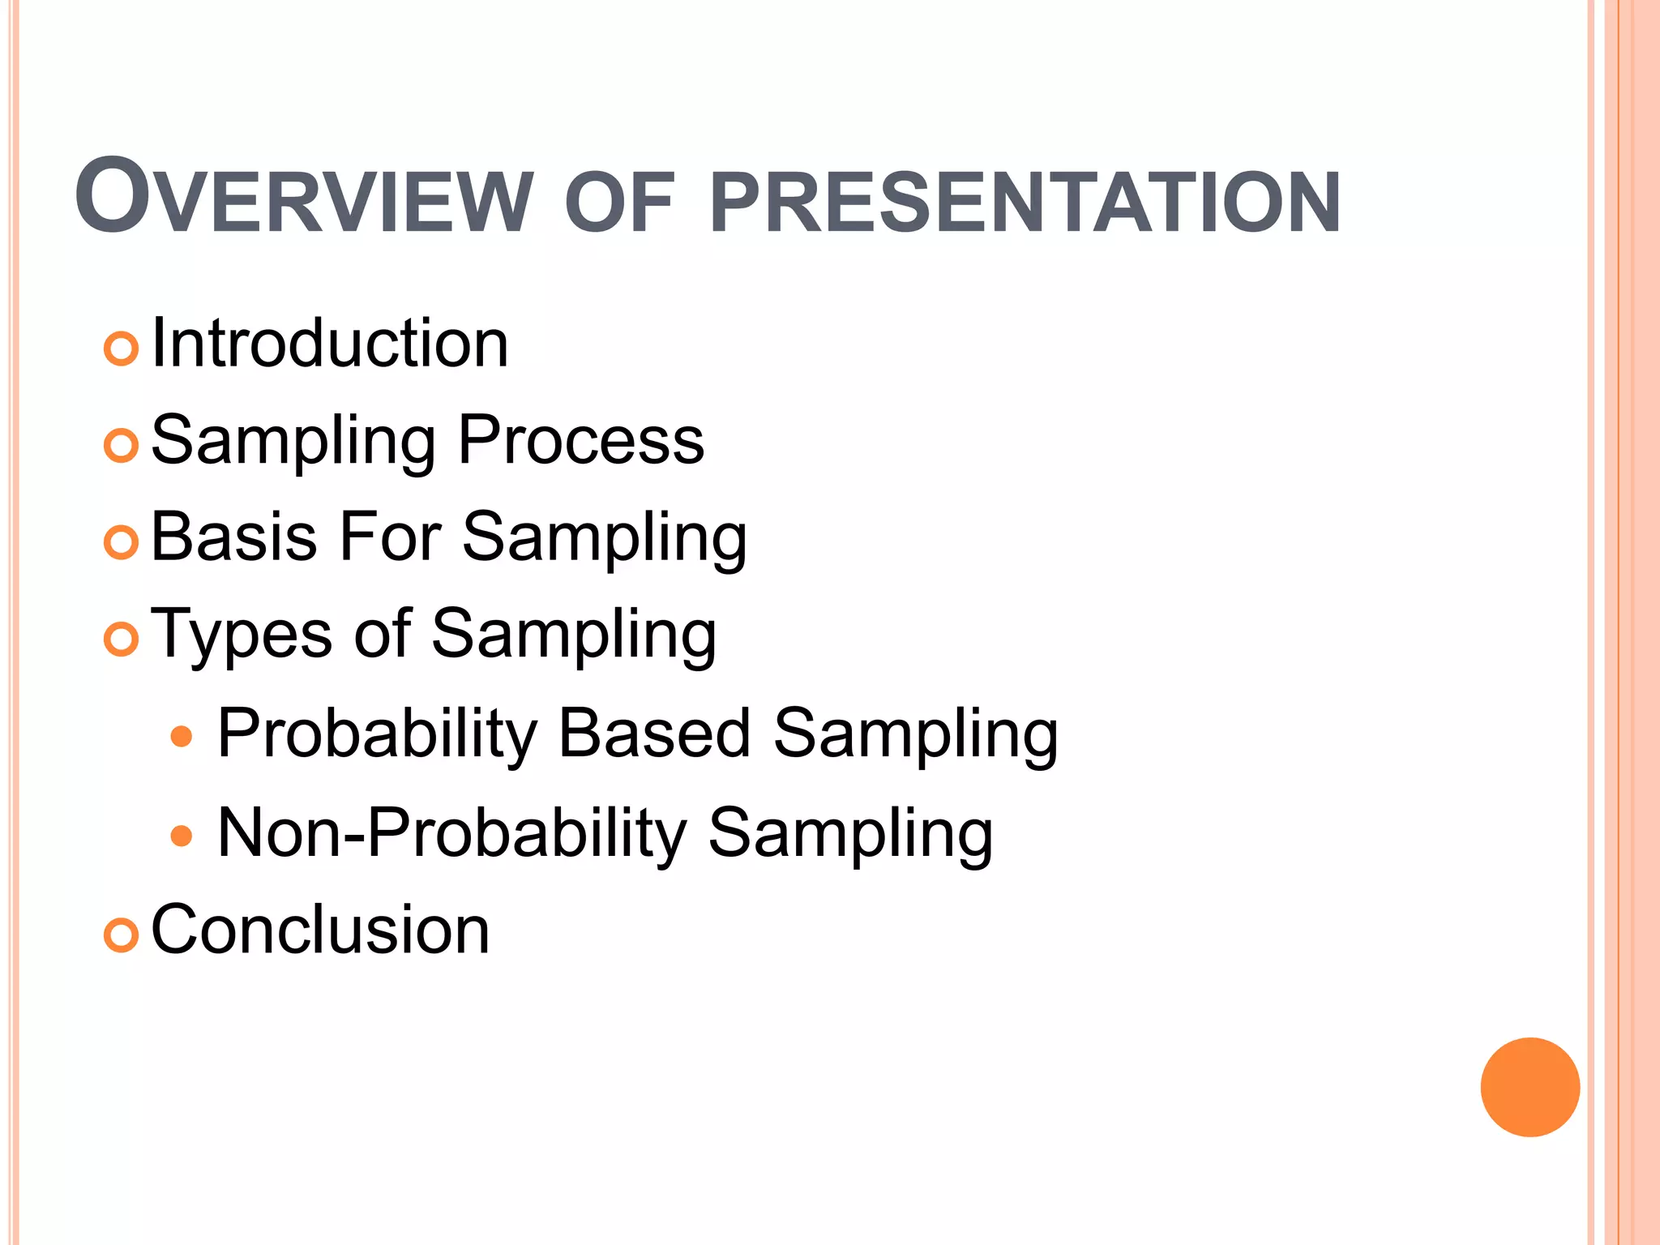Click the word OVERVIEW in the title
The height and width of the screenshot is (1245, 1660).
304,198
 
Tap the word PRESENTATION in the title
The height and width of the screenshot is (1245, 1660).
1025,203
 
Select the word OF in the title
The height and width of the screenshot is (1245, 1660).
619,203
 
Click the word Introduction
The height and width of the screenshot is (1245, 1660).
330,344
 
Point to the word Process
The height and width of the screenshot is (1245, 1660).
581,441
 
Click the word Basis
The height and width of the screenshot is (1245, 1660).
233,537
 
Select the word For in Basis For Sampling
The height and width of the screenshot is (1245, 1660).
390,537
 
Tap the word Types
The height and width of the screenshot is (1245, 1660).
242,635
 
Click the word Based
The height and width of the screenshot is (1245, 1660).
655,734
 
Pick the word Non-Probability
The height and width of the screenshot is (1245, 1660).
452,833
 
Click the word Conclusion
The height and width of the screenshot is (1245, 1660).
320,931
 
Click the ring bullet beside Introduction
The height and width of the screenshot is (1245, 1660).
122,349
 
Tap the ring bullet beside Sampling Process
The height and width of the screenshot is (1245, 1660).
122,447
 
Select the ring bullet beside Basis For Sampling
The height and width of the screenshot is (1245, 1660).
122,543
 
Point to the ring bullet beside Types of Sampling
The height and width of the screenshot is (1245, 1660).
122,640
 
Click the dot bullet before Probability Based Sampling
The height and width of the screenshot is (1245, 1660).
182,737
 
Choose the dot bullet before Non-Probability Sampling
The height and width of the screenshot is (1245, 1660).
182,836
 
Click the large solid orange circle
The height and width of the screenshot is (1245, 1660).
1530,1087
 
